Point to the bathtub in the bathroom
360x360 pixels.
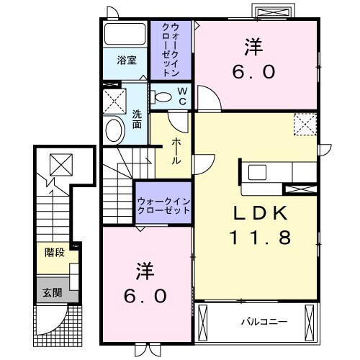[x=125, y=34]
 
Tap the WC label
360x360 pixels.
[x=182, y=96]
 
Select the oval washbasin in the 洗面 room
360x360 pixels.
[x=114, y=130]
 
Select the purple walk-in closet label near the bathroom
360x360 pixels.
[x=171, y=50]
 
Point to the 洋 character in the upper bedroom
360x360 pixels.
[x=253, y=48]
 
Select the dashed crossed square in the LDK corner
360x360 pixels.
[x=307, y=125]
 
